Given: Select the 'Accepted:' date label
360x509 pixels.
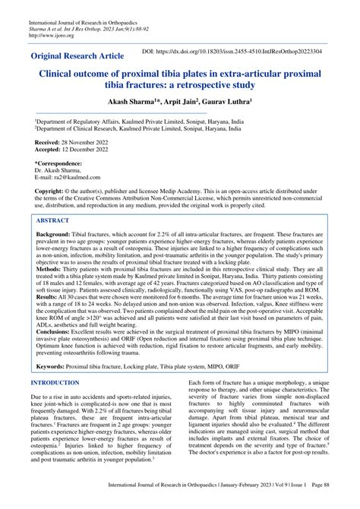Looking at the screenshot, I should (x=50, y=150).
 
